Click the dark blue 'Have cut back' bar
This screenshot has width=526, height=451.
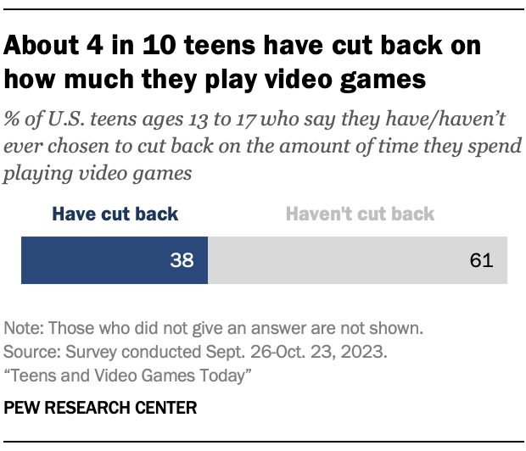tap(114, 260)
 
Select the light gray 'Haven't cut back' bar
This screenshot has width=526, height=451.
tap(357, 260)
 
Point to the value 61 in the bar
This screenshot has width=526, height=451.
tap(480, 261)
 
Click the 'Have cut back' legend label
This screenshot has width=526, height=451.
tap(115, 214)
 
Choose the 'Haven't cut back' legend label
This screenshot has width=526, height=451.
tap(360, 214)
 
